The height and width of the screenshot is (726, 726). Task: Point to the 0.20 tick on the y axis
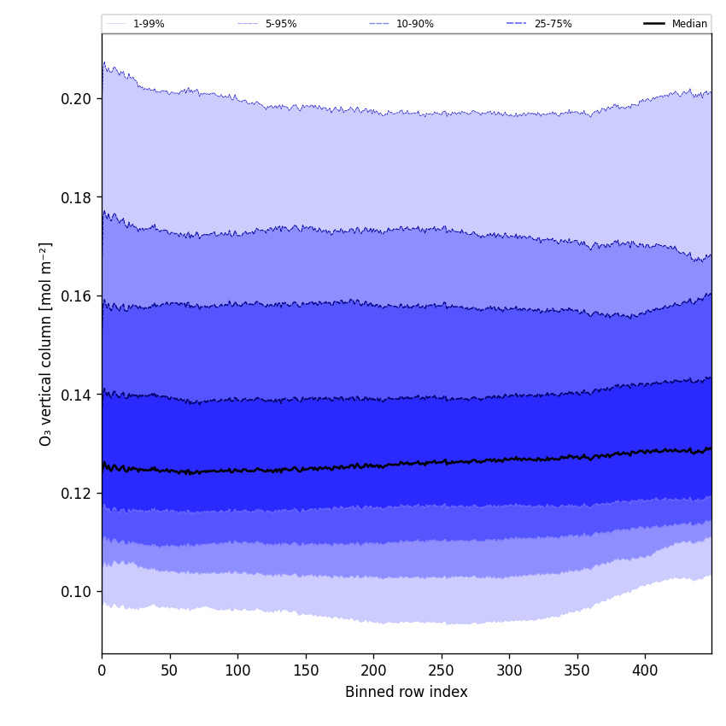[x=77, y=99]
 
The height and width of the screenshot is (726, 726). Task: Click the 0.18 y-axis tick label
[x=77, y=197]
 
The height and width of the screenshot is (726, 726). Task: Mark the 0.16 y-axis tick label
[x=77, y=296]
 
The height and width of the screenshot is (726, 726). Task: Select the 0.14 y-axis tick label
[x=77, y=395]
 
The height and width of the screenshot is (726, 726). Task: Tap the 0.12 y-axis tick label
[x=77, y=494]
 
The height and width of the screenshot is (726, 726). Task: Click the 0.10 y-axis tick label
[x=77, y=592]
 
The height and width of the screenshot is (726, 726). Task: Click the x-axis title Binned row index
[x=406, y=693]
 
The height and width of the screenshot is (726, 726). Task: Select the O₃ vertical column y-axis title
[x=46, y=343]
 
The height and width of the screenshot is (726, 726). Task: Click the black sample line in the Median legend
[x=655, y=24]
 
